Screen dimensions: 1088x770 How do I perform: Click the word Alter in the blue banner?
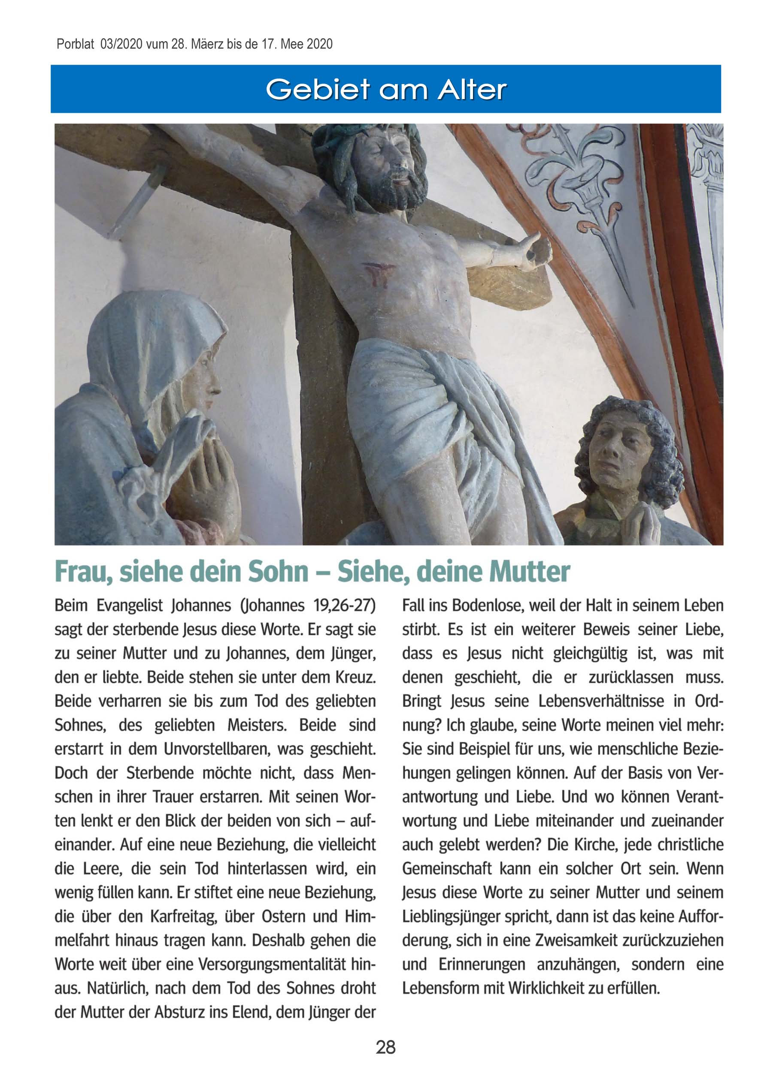click(472, 90)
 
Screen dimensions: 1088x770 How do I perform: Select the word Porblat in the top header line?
click(76, 45)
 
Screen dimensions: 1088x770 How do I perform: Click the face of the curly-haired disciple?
click(614, 452)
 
